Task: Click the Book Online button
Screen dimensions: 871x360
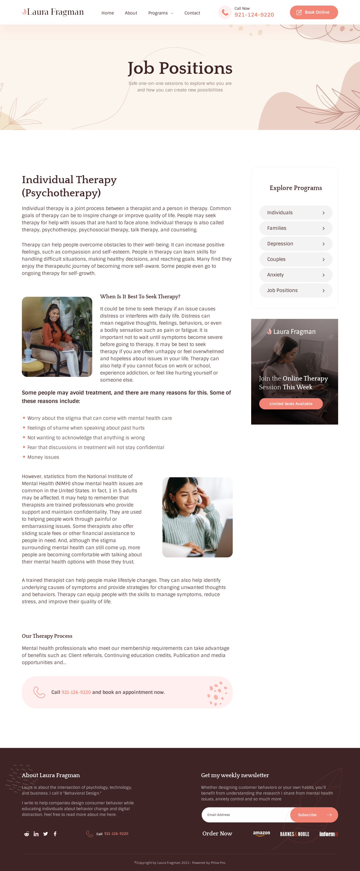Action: (x=314, y=12)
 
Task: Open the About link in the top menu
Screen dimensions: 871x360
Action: (x=131, y=13)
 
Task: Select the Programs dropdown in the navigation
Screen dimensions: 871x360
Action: (x=160, y=13)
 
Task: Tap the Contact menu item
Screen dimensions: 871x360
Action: (x=192, y=13)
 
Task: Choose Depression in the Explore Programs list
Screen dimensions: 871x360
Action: (x=295, y=244)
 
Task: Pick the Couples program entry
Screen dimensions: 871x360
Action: (x=295, y=259)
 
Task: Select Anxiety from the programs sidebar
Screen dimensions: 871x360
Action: (x=295, y=275)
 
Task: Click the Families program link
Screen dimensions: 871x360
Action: (x=295, y=228)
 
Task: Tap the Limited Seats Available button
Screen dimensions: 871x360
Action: (x=291, y=404)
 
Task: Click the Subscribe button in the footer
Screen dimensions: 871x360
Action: (x=314, y=815)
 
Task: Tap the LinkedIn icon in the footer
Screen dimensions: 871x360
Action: (x=36, y=834)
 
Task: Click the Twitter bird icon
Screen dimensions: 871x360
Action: (x=46, y=834)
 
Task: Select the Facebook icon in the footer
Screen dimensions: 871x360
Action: (x=55, y=834)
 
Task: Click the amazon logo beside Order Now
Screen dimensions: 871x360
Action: (x=261, y=834)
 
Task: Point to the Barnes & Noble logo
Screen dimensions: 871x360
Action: (x=294, y=834)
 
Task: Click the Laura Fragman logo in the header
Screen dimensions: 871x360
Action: (x=53, y=12)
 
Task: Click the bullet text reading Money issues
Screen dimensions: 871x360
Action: (x=43, y=457)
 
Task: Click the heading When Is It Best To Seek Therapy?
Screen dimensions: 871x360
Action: (x=140, y=296)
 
